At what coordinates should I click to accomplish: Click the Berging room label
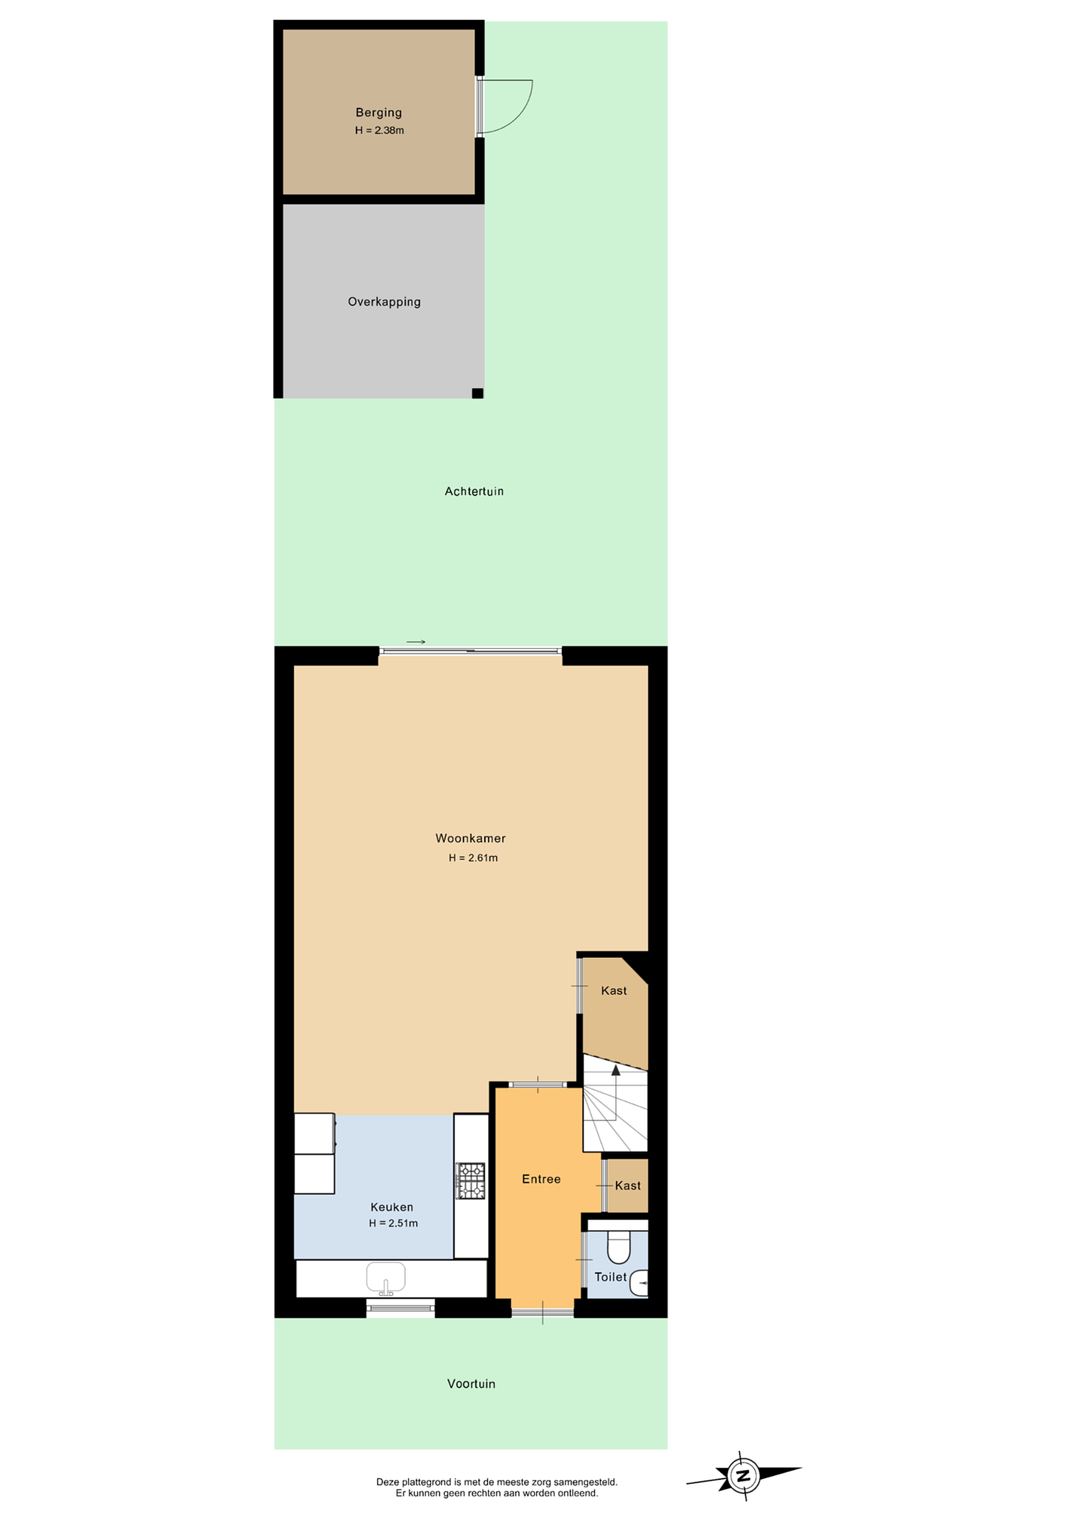(x=378, y=112)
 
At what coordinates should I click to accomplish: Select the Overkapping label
(x=385, y=302)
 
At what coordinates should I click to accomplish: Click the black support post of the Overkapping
(x=477, y=393)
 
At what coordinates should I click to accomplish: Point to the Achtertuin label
(x=474, y=492)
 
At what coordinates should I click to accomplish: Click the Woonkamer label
(x=471, y=839)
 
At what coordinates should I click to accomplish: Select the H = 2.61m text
(x=473, y=858)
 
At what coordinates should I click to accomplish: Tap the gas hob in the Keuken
(x=471, y=1181)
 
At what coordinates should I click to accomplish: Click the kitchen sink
(x=386, y=1278)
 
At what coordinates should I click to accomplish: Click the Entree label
(x=541, y=1179)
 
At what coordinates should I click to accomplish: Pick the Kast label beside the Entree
(x=628, y=1186)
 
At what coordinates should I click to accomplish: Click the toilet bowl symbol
(x=619, y=1247)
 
